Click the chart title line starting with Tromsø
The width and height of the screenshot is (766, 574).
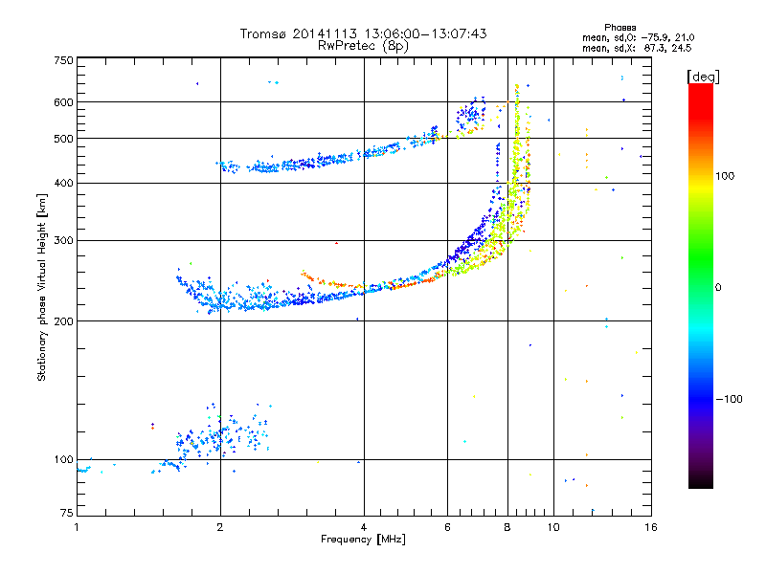[x=363, y=33]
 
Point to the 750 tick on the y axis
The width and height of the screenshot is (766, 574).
[x=63, y=60]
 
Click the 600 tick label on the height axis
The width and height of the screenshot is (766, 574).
[x=63, y=102]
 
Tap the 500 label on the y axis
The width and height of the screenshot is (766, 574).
[x=63, y=139]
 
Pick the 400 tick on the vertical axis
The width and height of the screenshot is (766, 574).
[x=63, y=183]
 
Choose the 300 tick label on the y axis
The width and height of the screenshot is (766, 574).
[x=63, y=241]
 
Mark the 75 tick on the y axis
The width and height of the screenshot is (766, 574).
[x=66, y=517]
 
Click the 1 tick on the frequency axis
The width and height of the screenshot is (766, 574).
[x=77, y=526]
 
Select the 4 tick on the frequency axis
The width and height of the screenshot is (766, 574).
[x=364, y=526]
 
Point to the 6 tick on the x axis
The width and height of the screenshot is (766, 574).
[x=447, y=526]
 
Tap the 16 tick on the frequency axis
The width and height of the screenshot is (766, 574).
[x=650, y=526]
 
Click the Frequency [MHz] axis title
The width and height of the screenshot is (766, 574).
[x=363, y=540]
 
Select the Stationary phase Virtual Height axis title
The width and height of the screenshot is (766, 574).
[x=42, y=287]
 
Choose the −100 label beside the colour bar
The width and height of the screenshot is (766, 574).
[x=729, y=399]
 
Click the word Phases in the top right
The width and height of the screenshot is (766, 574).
[x=620, y=26]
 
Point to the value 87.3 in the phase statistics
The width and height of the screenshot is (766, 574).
[x=653, y=46]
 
